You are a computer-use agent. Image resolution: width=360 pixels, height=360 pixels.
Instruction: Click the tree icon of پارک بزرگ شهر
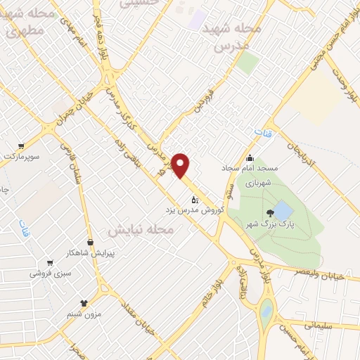pyautogui.click(x=269, y=214)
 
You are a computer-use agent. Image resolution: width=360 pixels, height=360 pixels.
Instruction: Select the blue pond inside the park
pyautogui.click(x=282, y=210)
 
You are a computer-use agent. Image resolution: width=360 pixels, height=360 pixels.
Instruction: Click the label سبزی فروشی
pyautogui.click(x=48, y=274)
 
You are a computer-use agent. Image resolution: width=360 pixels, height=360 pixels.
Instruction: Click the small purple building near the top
pyautogui.click(x=198, y=15)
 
